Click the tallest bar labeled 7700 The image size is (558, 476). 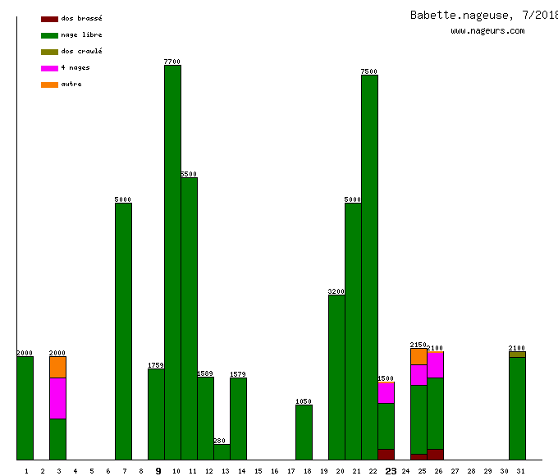[172, 263]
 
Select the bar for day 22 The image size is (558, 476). [369, 268]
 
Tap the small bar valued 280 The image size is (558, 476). [222, 452]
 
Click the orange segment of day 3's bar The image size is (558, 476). [57, 367]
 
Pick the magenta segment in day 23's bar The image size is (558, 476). [386, 393]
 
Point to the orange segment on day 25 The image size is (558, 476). [418, 356]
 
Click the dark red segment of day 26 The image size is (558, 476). [435, 454]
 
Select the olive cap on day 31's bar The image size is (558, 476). [517, 355]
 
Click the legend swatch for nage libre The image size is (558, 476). [49, 35]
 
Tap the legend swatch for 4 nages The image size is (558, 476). [49, 68]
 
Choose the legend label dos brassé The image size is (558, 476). [81, 18]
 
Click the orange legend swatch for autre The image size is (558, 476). [49, 85]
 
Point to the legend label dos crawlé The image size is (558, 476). [81, 51]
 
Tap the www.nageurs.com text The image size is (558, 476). [487, 31]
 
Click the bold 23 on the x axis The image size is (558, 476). [391, 471]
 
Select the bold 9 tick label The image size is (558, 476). [158, 471]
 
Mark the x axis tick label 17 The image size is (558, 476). [291, 471]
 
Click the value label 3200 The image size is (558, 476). [336, 291]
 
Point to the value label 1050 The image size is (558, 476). [304, 401]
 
